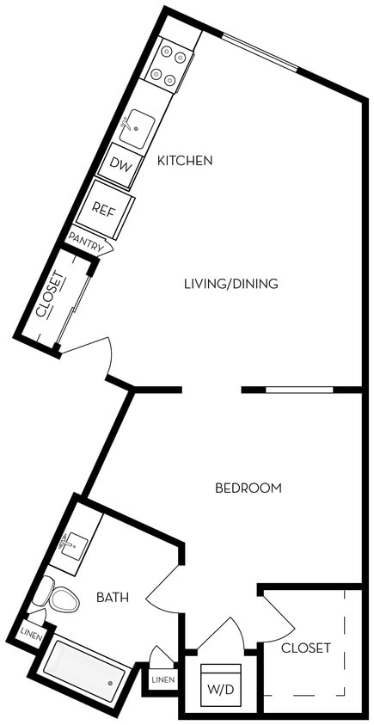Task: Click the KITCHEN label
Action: point(185,160)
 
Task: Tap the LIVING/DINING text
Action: point(231,283)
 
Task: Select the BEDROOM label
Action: point(248,488)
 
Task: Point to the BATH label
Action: point(113,597)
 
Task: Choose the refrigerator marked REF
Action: point(103,208)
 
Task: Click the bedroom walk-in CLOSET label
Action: point(305,648)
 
